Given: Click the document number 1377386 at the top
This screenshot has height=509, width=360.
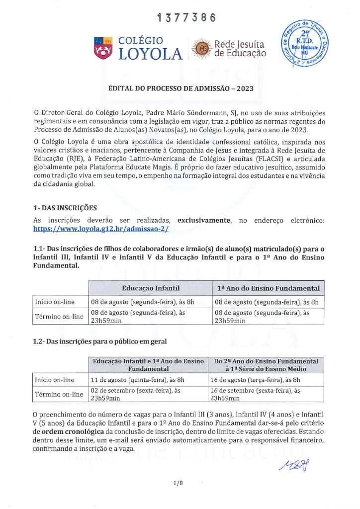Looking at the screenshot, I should click(186, 18).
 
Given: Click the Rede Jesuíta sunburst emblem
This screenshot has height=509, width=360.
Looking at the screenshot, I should click(202, 49).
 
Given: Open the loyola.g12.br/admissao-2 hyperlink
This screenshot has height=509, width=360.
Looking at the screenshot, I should click(101, 229).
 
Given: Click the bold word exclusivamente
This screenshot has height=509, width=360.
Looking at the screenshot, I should click(204, 220).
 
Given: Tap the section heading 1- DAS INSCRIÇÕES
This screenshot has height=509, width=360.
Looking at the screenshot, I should click(65, 207).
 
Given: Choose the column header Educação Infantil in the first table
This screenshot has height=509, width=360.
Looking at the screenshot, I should click(150, 288).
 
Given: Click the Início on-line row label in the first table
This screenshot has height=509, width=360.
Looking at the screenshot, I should click(54, 302).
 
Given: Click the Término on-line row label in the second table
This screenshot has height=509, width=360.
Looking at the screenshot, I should click(58, 395).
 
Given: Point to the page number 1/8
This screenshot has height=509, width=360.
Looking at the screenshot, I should click(179, 483).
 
